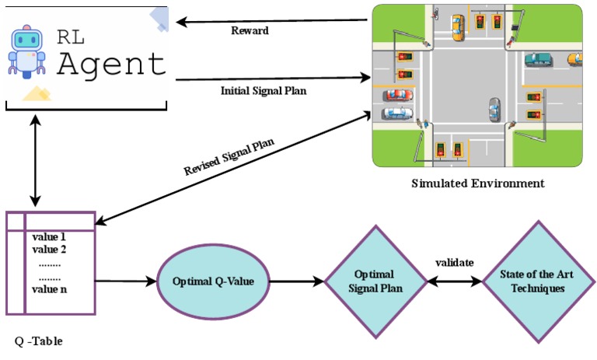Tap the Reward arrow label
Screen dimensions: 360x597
tap(250, 31)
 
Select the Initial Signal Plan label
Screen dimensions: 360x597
tap(264, 91)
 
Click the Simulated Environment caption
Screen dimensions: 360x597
tap(477, 183)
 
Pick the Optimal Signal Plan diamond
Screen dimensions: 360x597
tap(374, 281)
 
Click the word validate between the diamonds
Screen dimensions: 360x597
tap(454, 263)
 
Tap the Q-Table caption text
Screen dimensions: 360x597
tap(39, 341)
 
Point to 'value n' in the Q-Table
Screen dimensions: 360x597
tap(50, 289)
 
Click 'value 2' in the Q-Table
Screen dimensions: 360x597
tap(49, 249)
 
